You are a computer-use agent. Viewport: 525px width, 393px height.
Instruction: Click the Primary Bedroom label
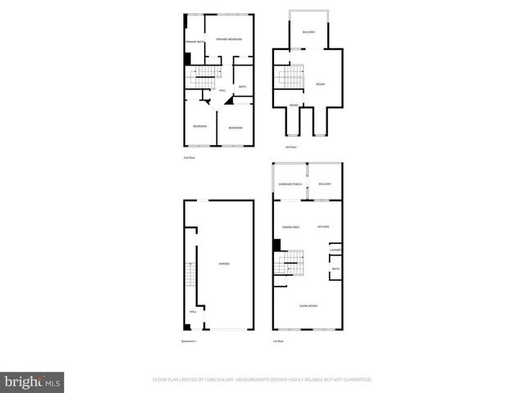point(229,39)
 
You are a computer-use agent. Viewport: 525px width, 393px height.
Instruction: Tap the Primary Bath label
point(194,41)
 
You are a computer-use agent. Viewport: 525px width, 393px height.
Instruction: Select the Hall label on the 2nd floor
point(222,90)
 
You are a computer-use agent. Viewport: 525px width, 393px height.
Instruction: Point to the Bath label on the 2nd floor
point(242,86)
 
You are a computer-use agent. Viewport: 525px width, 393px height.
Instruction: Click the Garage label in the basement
point(223,264)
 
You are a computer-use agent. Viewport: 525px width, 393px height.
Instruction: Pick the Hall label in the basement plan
point(192,312)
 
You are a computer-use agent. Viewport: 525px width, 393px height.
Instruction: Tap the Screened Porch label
point(290,184)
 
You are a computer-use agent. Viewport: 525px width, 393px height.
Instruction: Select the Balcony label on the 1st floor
point(325,184)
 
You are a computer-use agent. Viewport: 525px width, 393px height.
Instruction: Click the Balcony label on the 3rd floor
point(308,32)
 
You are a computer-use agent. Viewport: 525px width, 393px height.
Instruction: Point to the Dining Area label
point(290,227)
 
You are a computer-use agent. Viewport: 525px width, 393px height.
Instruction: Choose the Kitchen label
point(323,227)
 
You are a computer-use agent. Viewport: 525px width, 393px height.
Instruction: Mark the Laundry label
point(336,250)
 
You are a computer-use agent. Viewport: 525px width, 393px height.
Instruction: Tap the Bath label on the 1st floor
point(336,269)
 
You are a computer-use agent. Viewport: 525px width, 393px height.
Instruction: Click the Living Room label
point(308,306)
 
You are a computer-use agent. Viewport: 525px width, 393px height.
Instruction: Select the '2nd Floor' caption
point(189,156)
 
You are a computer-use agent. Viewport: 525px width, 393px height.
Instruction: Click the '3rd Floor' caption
point(290,147)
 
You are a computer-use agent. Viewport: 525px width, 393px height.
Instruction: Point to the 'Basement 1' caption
point(189,341)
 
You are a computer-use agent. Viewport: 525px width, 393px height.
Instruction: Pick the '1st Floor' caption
point(278,341)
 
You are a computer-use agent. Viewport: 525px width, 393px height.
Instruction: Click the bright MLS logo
point(33,382)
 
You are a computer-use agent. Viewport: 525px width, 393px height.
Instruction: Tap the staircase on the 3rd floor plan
point(289,79)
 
